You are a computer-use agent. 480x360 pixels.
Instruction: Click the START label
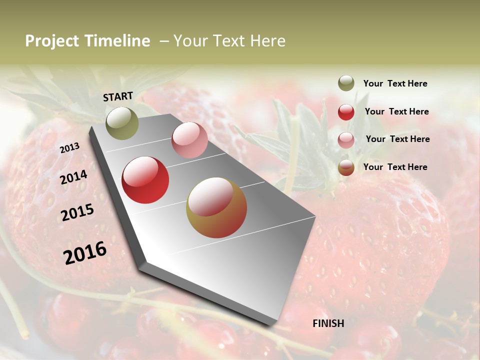click(118, 96)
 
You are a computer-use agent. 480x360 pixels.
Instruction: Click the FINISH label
click(328, 323)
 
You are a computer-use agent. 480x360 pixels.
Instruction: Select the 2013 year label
click(69, 148)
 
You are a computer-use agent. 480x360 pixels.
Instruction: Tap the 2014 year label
click(73, 177)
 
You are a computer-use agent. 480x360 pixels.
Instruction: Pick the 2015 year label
click(77, 212)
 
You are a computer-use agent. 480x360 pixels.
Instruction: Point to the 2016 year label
click(85, 252)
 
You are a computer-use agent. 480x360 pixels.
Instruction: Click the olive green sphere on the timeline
click(122, 123)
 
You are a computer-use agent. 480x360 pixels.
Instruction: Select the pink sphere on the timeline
click(189, 140)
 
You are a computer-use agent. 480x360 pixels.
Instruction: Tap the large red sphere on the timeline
click(145, 180)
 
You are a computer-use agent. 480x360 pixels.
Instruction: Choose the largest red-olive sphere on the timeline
click(216, 207)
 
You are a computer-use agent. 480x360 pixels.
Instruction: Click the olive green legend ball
click(346, 83)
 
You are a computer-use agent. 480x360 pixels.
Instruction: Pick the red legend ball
click(346, 112)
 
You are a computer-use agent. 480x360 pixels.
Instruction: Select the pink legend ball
click(346, 140)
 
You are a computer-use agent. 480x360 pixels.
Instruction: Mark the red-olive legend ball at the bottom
click(346, 168)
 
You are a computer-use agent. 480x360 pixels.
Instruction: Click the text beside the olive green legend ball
click(395, 84)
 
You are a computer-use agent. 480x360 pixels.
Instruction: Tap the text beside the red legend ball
click(396, 112)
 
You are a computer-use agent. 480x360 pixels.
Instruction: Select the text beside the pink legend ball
click(397, 139)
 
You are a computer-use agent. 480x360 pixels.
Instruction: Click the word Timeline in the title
click(117, 41)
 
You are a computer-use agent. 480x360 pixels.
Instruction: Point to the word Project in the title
click(52, 41)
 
